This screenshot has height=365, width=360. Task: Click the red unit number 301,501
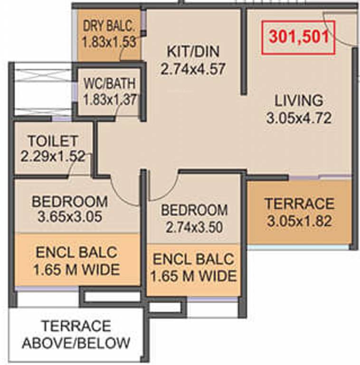pos(299,37)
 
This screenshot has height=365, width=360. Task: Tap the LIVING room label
pos(299,101)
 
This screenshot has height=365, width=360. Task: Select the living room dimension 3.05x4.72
pos(299,118)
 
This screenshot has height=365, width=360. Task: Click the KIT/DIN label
pos(193,51)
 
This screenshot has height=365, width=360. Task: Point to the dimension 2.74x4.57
pos(193,69)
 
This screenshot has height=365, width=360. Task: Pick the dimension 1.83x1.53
pos(109,42)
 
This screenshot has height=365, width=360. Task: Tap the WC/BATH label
pos(110,83)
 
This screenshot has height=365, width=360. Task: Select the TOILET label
pos(53,141)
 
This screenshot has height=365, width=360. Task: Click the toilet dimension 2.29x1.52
pos(53,156)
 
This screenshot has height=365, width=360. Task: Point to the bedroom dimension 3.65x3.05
pos(70,217)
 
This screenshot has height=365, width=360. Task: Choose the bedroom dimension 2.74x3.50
pos(194,227)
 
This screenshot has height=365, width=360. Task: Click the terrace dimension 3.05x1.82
pos(299,221)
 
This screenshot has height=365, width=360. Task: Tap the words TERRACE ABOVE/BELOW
pos(76,334)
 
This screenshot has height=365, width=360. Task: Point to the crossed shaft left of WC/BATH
pos(43,89)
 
